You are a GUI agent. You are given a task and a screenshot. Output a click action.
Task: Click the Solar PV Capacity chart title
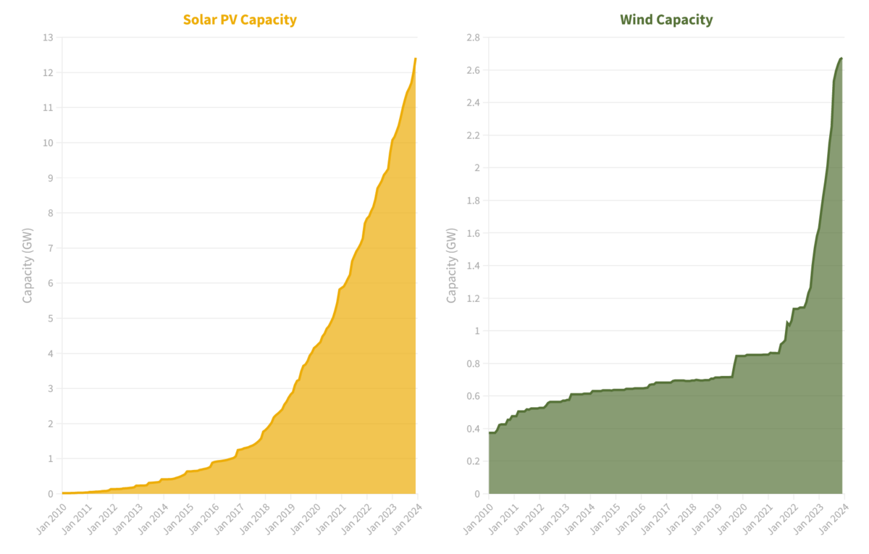[x=240, y=20]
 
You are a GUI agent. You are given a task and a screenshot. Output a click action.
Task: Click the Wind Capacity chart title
[x=666, y=20]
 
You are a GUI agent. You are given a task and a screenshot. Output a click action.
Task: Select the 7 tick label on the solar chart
[x=49, y=248]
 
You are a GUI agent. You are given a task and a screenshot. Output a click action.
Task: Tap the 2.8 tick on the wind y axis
[x=471, y=38]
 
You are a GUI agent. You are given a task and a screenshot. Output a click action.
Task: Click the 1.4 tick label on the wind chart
[x=471, y=266]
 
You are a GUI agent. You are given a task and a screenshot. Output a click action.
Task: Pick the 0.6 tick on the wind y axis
[x=471, y=396]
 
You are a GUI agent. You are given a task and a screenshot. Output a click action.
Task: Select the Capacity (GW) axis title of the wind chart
[x=451, y=265]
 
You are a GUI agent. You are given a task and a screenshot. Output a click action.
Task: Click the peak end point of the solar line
[x=416, y=59]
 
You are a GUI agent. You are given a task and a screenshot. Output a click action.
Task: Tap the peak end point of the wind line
[x=841, y=58]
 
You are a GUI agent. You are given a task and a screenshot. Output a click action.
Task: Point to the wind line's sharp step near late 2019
[x=734, y=366]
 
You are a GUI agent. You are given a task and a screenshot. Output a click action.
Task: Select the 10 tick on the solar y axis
[x=47, y=143]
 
